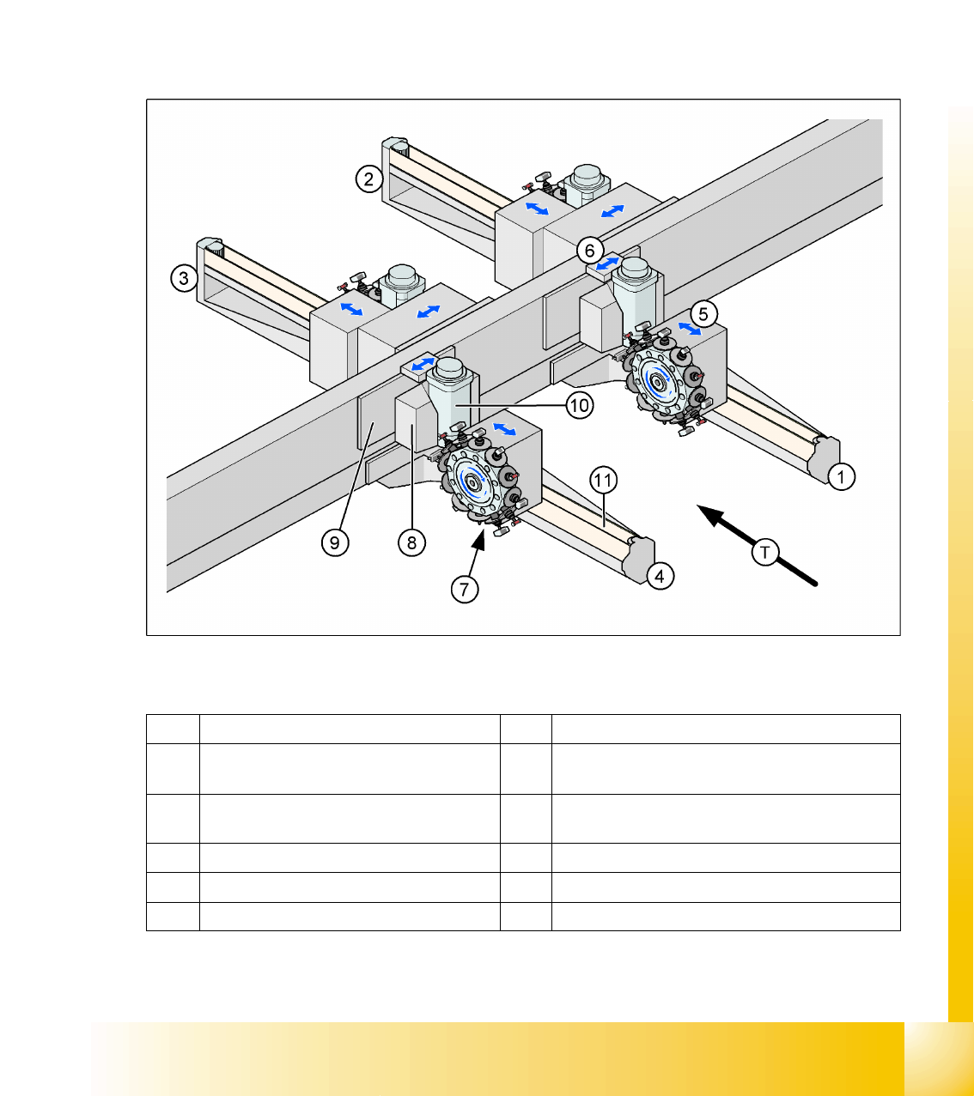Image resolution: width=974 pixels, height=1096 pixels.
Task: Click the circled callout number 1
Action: click(x=841, y=477)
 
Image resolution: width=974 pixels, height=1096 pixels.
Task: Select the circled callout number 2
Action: click(x=368, y=179)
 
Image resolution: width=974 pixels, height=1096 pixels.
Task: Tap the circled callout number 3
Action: click(x=184, y=278)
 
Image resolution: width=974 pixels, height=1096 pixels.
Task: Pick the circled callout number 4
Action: click(x=660, y=576)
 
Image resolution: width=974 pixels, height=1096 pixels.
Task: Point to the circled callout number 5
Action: click(x=703, y=314)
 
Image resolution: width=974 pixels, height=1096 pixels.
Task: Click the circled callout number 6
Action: click(x=589, y=251)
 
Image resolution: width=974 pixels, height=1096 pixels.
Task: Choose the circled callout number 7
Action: click(x=465, y=589)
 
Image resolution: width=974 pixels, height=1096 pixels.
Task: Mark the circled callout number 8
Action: click(x=411, y=542)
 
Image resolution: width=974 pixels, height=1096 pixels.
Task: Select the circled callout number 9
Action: click(x=335, y=542)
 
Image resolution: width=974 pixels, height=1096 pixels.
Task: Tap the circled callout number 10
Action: click(x=579, y=405)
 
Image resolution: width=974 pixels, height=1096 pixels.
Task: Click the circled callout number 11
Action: click(x=603, y=480)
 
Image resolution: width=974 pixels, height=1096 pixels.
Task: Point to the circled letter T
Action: click(x=765, y=553)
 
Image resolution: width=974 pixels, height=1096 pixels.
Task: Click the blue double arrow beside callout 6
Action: click(x=607, y=263)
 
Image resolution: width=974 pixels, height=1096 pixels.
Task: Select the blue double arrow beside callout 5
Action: click(x=690, y=329)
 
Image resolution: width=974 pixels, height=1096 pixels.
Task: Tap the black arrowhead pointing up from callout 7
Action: click(x=478, y=540)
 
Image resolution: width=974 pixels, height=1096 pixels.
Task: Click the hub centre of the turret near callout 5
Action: click(x=657, y=383)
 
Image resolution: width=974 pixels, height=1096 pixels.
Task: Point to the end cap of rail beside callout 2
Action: click(x=395, y=146)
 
